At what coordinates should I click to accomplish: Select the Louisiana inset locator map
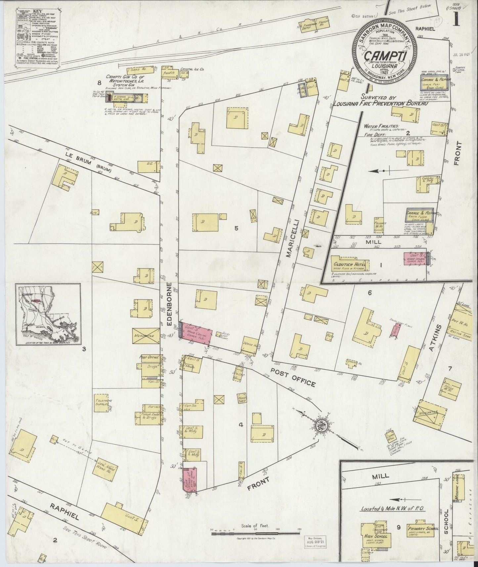[x=48, y=314]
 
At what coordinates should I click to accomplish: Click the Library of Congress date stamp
[x=315, y=541]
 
